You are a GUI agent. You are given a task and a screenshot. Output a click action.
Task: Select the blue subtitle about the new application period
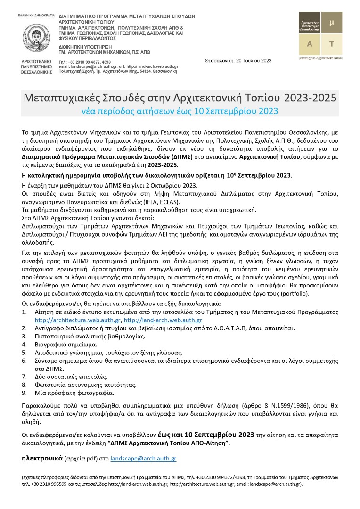[180, 111]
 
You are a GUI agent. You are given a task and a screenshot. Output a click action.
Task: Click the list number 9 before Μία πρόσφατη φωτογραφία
[25, 393]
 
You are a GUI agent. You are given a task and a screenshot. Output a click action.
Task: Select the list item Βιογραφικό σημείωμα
[65, 345]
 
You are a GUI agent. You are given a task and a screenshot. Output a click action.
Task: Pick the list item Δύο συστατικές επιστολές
[71, 377]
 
